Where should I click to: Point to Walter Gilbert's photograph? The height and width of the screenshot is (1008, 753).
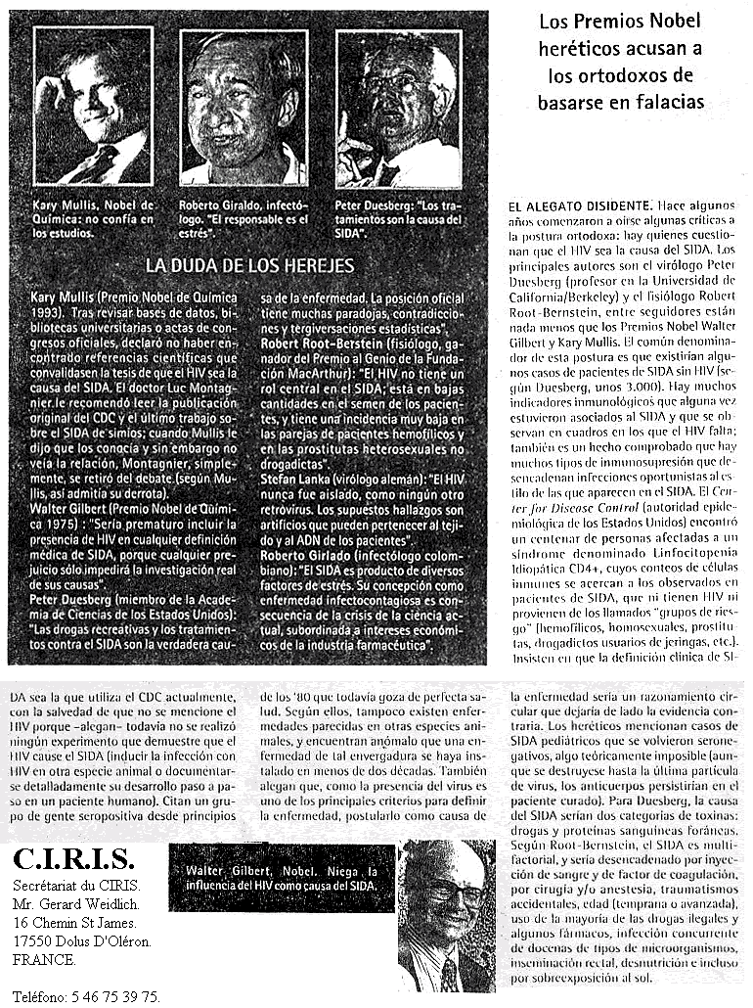coord(445,914)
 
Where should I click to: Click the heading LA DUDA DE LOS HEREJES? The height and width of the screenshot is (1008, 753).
coord(249,265)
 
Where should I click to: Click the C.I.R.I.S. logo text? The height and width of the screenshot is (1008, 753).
coord(73,860)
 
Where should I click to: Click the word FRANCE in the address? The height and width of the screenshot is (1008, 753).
coord(44,960)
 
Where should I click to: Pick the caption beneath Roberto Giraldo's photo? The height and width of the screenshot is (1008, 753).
coord(244,218)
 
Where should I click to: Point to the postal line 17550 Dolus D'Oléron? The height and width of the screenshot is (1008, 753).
coord(82,941)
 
